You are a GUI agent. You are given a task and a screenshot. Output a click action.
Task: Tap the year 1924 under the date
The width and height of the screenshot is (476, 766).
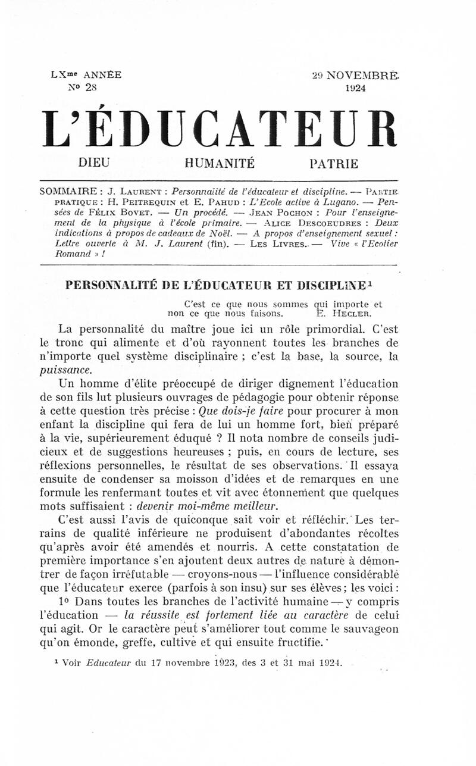click(355, 87)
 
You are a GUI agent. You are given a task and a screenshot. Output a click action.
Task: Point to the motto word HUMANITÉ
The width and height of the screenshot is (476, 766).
click(220, 162)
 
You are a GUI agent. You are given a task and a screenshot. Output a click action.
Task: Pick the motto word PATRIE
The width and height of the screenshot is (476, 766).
click(333, 162)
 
